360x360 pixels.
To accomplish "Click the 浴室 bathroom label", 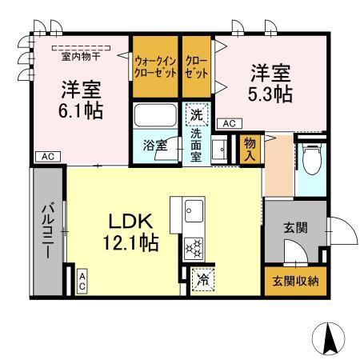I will (154, 147).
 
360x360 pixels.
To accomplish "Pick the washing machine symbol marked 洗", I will (197, 114).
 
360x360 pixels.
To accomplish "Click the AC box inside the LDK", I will (82, 279).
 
